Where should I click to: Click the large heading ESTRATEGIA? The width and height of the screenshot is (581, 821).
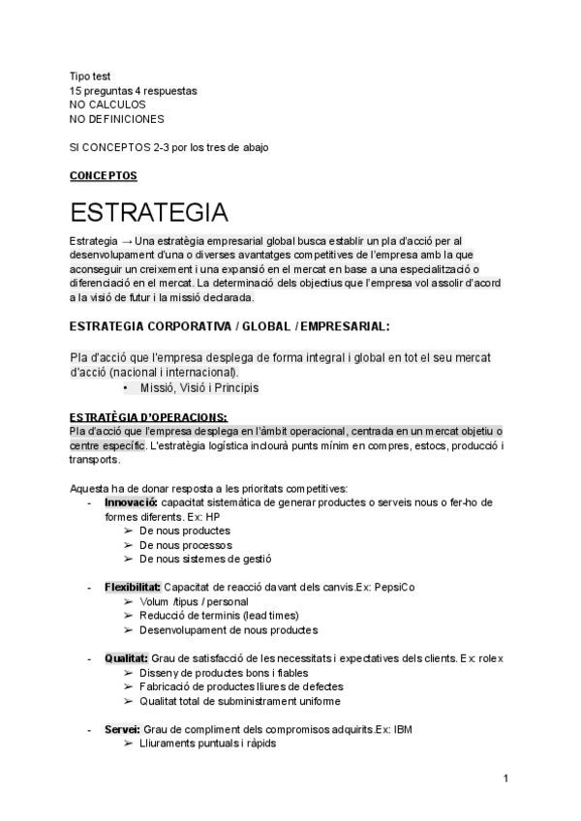149,212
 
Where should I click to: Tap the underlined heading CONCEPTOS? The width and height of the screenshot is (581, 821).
104,176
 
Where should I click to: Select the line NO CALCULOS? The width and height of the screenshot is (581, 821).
108,104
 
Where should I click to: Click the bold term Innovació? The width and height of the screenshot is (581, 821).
133,502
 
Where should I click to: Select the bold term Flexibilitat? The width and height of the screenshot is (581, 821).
134,587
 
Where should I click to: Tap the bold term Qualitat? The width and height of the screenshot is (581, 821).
126,658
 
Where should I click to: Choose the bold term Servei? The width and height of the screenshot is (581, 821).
123,729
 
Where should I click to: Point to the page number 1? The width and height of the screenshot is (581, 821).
506,778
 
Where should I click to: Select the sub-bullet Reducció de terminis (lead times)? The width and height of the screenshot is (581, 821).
219,616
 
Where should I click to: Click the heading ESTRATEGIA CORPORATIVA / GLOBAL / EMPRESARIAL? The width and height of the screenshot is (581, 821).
229,326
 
